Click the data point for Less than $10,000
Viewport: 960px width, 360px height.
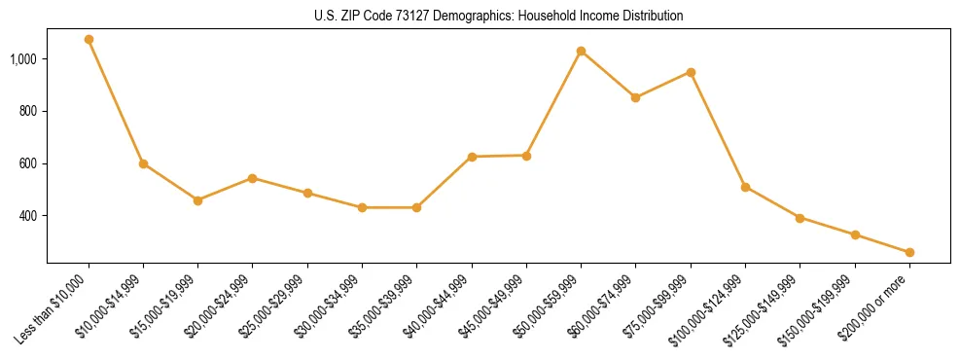tap(89, 40)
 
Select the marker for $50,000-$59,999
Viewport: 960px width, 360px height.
tap(581, 51)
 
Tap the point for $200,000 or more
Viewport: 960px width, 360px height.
tap(909, 252)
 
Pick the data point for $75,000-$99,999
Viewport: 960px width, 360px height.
tap(691, 72)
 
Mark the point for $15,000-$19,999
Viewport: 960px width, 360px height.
tap(197, 200)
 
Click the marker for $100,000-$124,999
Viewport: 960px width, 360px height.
tap(745, 187)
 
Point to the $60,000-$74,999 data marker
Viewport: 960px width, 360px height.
tap(635, 97)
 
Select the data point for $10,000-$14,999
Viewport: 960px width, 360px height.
tap(143, 163)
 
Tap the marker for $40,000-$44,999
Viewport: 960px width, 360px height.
tap(472, 157)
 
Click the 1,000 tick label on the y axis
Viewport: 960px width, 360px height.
tap(23, 59)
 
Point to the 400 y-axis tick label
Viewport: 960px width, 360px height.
tap(27, 216)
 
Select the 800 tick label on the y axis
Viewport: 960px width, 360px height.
tap(27, 112)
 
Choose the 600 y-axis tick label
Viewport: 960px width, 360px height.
tap(27, 163)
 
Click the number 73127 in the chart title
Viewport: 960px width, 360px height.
tap(409, 17)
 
